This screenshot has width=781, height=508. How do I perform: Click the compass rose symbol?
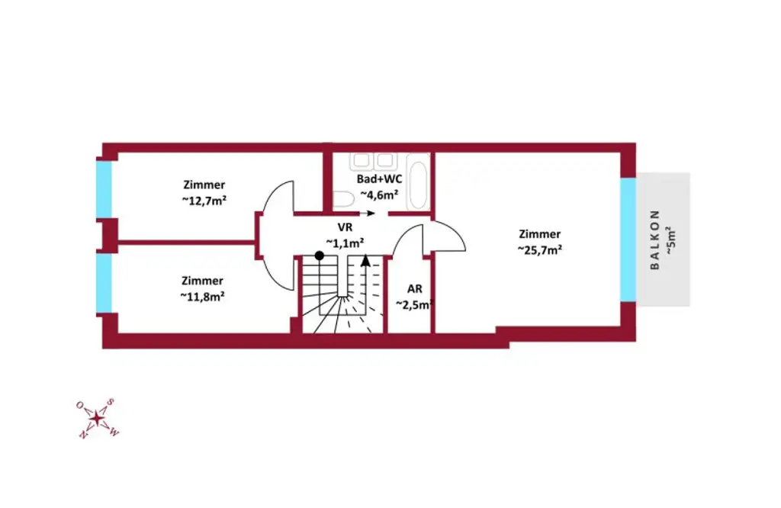tap(97, 418)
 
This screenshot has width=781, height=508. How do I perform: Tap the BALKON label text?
tap(654, 240)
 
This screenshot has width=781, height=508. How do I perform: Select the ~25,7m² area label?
tap(539, 249)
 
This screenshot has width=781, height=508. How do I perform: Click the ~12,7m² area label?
tap(204, 199)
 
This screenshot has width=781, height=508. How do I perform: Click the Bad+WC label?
tap(379, 179)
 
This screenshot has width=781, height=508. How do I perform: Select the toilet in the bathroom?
tap(342, 201)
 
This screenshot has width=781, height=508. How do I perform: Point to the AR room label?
tap(414, 289)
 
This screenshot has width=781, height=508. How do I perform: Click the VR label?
tap(345, 227)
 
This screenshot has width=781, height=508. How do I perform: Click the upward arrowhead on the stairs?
tap(365, 261)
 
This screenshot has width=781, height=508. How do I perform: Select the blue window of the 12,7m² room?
tap(104, 189)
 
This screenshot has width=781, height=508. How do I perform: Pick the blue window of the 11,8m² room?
tap(104, 283)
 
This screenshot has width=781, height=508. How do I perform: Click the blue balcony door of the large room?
tap(628, 240)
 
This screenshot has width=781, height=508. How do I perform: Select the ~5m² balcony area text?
tap(670, 240)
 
